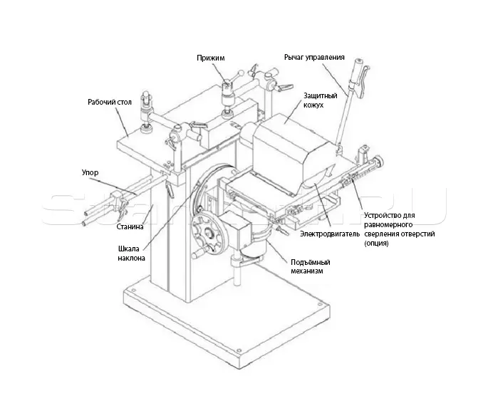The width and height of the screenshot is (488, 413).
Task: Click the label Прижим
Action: [210, 58]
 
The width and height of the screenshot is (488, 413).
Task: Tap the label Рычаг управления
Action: [314, 58]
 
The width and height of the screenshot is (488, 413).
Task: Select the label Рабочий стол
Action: [110, 103]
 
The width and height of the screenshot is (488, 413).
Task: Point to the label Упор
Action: [90, 172]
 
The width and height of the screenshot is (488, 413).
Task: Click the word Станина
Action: [130, 226]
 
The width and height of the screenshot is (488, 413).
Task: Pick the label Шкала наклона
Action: [131, 253]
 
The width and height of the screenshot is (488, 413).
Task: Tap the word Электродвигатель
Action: [330, 234]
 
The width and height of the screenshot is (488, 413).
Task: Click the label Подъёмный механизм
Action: [311, 266]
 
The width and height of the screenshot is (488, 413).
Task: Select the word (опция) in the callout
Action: [376, 244]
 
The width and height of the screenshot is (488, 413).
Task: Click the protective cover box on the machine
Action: [291, 152]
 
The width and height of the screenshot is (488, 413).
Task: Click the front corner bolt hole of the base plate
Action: [239, 350]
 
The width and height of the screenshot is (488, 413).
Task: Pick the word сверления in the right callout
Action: [380, 234]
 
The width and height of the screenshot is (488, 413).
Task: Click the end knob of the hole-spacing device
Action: [380, 160]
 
